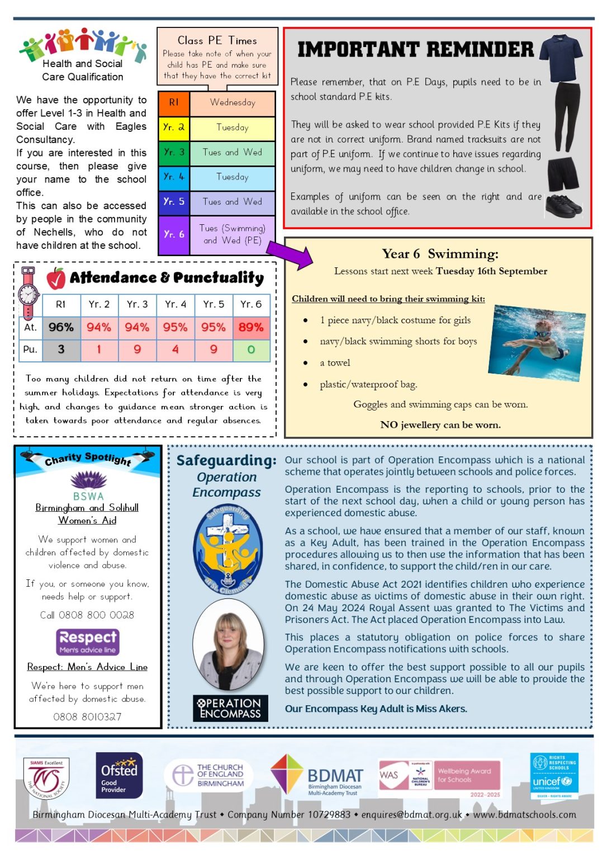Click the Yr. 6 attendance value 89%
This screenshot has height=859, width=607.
tap(251, 327)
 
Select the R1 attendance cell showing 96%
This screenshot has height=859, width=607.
tap(61, 327)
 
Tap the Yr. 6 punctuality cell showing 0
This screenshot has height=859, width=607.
tap(251, 350)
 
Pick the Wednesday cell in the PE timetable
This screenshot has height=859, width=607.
tap(233, 103)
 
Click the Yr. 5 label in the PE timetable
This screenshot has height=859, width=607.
tap(174, 201)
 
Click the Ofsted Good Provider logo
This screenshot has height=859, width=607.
tap(119, 776)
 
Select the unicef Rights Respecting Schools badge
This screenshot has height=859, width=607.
tap(554, 776)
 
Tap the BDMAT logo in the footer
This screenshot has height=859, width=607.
tap(317, 776)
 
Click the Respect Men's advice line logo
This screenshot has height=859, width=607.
tap(88, 641)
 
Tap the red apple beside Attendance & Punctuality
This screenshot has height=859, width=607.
tap(56, 278)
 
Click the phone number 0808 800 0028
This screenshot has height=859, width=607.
tap(87, 615)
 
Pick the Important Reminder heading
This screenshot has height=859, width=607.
tap(415, 50)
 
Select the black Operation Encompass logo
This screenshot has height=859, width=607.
tap(230, 707)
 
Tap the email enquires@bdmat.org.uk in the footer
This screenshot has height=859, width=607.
tap(412, 815)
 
